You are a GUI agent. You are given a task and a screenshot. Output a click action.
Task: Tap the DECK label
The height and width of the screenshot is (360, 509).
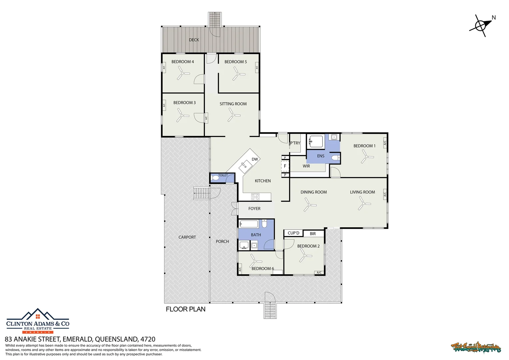coord(194,40)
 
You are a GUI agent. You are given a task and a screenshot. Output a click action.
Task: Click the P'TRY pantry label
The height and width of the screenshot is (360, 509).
coord(295,143)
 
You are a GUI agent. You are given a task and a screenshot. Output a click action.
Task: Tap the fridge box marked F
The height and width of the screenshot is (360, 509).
coord(285,166)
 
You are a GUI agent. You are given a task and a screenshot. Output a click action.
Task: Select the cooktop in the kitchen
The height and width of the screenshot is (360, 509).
coord(255,197)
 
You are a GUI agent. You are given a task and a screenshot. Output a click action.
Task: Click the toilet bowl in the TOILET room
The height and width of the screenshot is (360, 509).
coord(216,178)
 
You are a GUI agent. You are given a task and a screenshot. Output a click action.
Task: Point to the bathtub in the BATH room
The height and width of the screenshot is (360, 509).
coord(249,224)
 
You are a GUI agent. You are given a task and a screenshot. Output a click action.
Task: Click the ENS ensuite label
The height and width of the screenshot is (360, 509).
coord(320,156)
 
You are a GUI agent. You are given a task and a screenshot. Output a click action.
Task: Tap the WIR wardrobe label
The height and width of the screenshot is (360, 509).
coord(306,166)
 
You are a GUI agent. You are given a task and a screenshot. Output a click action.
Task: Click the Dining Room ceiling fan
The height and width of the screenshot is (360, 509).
coord(309,205)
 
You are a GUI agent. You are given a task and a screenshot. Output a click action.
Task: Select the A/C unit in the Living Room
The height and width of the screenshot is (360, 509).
coord(385,194)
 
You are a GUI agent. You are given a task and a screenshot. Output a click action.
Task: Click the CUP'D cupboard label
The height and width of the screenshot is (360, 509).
coord(293,233)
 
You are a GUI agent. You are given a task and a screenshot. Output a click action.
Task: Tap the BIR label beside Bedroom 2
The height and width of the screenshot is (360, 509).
coord(312,234)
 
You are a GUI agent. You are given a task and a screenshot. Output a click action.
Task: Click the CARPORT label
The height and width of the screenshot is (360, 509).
coord(187,237)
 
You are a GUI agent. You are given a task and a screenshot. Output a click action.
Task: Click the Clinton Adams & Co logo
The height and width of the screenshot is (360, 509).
coord(38,321)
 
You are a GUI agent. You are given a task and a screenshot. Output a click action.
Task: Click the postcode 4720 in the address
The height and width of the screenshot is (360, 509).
coord(148,339)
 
